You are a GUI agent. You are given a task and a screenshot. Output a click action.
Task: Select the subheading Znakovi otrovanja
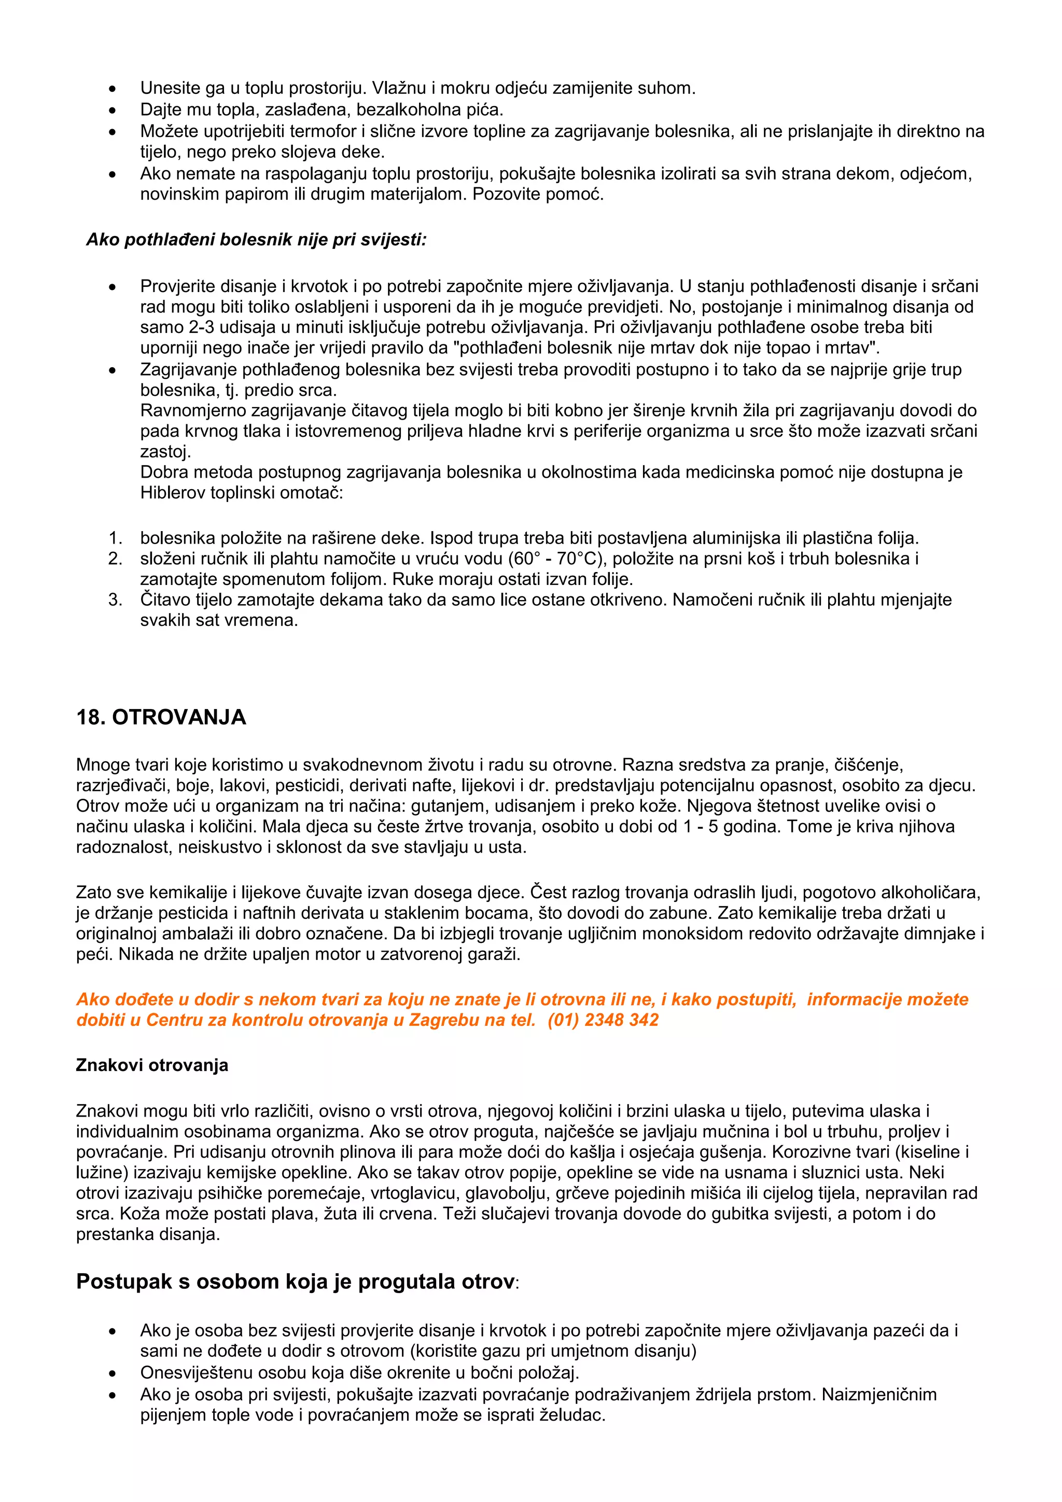(x=152, y=1065)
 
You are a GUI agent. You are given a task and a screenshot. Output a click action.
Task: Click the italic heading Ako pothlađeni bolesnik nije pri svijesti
(x=256, y=240)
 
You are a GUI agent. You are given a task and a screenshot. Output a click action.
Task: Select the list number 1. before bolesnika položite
(x=115, y=538)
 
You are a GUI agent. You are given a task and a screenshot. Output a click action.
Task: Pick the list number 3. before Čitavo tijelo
(x=115, y=600)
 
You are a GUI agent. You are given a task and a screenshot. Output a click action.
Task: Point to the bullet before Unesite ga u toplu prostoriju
(x=113, y=89)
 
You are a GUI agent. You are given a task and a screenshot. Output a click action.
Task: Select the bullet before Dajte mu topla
(x=113, y=110)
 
